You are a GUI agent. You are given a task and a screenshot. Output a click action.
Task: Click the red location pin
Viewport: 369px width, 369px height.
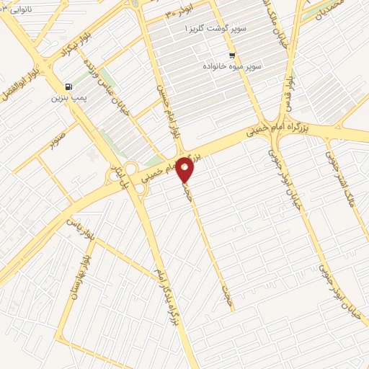tap(185, 169)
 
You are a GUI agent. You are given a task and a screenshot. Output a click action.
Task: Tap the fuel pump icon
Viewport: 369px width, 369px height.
tap(68, 84)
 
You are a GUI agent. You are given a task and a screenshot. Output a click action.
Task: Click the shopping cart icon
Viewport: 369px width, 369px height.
tap(231, 55)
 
